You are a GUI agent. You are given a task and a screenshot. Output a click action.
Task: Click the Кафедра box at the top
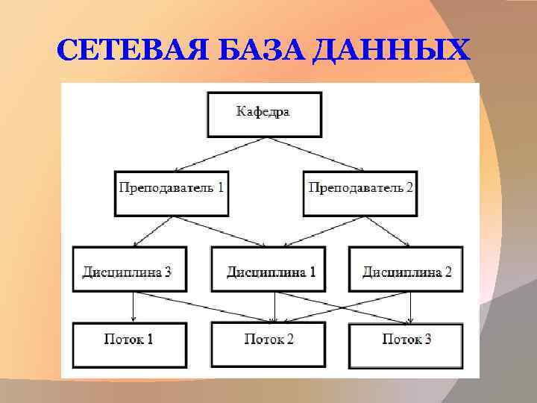click(x=264, y=114)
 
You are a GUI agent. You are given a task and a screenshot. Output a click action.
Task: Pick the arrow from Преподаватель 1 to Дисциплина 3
click(x=153, y=231)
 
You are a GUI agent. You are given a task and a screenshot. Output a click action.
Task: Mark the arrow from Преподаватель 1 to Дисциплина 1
click(x=220, y=231)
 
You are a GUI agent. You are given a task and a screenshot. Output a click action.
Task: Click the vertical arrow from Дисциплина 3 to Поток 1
click(x=133, y=307)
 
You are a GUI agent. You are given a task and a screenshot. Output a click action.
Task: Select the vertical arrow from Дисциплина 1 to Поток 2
click(x=275, y=307)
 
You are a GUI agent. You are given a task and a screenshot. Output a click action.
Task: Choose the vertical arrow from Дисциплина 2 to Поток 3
click(x=410, y=307)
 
